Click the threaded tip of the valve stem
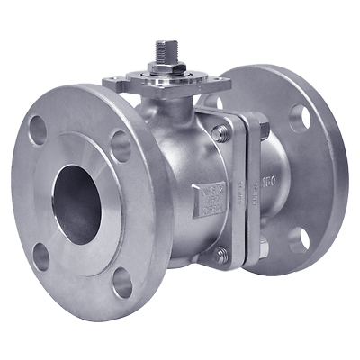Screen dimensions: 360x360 [166, 47]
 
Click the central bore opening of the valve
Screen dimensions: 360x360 [76, 204]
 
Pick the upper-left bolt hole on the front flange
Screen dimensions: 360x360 [38, 130]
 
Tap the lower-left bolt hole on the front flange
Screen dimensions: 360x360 [40, 256]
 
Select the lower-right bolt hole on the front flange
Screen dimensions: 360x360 [122, 282]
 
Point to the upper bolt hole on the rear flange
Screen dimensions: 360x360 [300, 118]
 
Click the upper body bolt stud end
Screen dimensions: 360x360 [220, 134]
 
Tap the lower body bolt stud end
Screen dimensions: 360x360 [220, 255]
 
